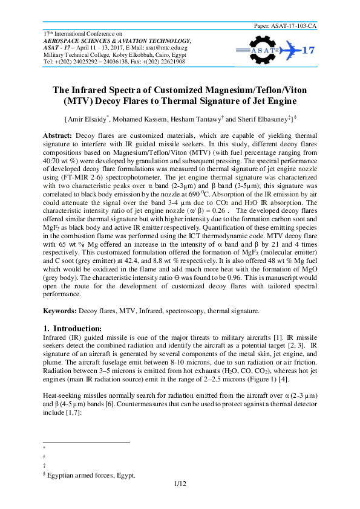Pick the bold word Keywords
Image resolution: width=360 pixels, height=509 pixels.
pos(61,311)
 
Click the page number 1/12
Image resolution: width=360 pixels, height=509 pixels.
pos(180,484)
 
